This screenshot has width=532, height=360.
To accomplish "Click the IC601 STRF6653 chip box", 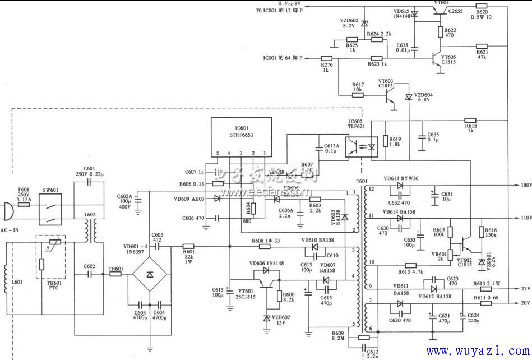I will point(241,133).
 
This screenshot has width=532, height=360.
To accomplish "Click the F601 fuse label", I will point(23,190).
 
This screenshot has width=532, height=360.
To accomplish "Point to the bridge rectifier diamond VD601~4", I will point(150,274).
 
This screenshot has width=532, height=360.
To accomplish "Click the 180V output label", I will point(525,184).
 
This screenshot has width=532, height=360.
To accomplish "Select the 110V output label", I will point(525,218).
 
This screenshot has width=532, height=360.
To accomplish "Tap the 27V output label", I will point(525,289).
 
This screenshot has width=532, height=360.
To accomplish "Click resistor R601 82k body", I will point(188,246).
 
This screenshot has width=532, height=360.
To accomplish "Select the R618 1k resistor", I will point(470,121).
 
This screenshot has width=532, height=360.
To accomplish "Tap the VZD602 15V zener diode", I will point(267,318).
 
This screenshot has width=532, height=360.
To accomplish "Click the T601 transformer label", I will point(362,181).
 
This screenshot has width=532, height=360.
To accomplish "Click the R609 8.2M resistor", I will point(363,338).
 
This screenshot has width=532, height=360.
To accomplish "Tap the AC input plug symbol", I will point(6,212).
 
